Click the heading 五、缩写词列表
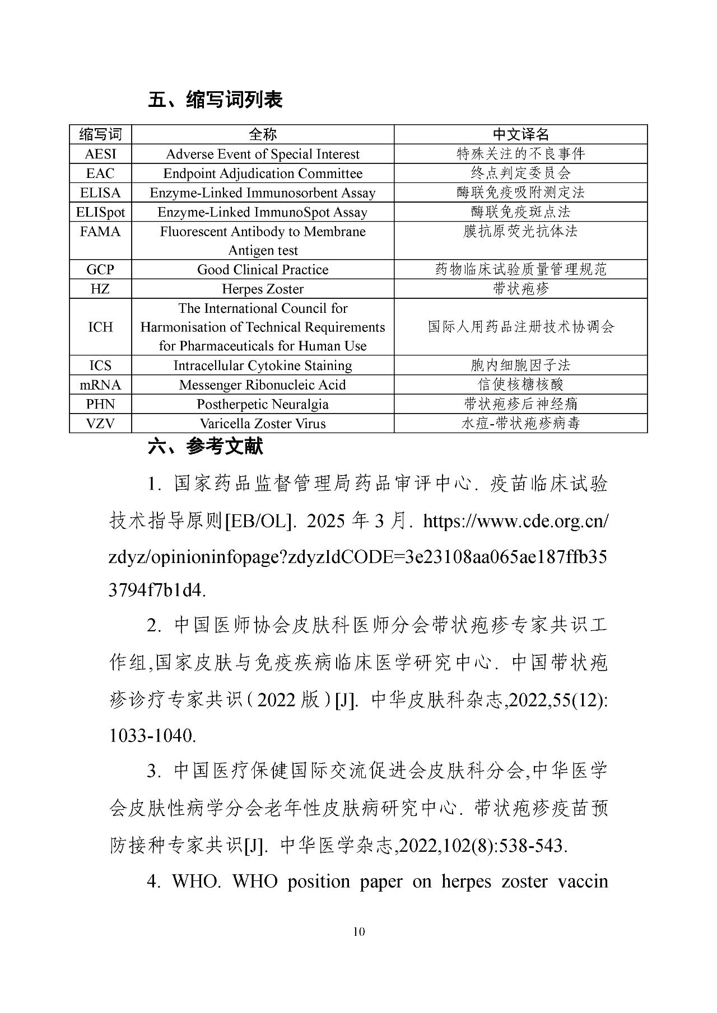tap(215, 100)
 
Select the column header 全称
tap(263, 134)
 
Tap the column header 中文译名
tap(520, 134)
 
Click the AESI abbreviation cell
tap(100, 154)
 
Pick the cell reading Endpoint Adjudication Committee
tap(263, 173)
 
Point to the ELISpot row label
tap(100, 212)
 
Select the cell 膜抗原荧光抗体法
tap(520, 231)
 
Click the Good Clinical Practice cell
tap(263, 270)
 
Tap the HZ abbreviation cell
tap(100, 289)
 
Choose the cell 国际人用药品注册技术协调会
tap(520, 327)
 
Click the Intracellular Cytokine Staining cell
tap(263, 365)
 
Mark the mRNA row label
tap(100, 385)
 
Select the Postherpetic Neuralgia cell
tap(263, 404)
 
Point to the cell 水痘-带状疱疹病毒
tap(520, 424)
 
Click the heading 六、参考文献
tap(205, 447)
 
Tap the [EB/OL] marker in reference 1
tap(259, 522)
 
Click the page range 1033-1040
tap(152, 735)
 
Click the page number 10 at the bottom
tap(359, 932)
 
